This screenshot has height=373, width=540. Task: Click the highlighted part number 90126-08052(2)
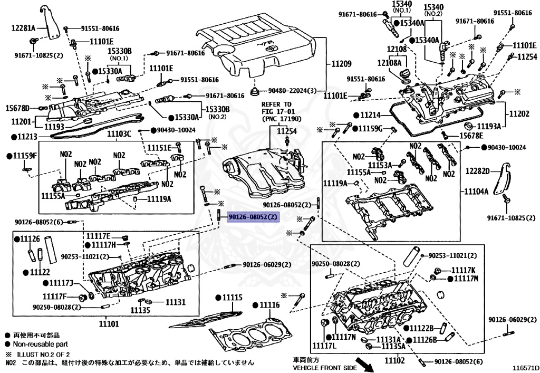252,217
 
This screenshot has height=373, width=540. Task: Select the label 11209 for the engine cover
341,64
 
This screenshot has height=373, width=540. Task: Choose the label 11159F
25,156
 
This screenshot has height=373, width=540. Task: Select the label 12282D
478,170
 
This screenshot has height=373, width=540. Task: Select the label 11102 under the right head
394,361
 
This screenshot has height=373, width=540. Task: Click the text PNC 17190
276,119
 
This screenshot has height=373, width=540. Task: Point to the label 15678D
17,108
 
